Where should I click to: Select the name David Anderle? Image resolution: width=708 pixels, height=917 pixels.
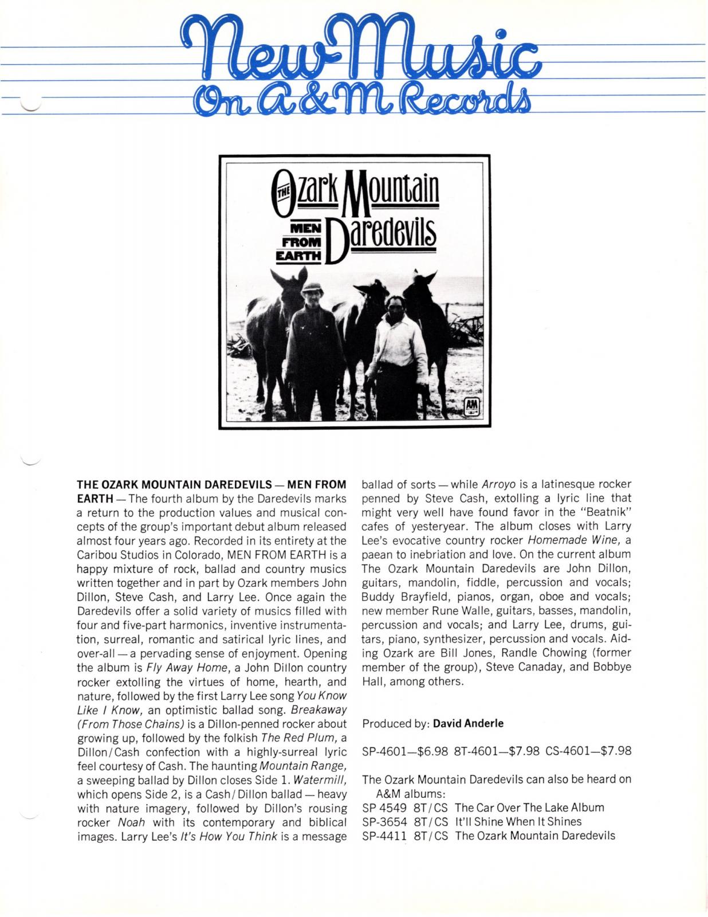468,723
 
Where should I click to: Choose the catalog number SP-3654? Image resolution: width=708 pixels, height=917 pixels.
384,821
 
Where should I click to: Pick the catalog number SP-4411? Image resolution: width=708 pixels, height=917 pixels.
384,836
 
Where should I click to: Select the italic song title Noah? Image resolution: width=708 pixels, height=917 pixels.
130,822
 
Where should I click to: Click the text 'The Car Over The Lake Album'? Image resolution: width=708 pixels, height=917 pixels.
529,808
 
